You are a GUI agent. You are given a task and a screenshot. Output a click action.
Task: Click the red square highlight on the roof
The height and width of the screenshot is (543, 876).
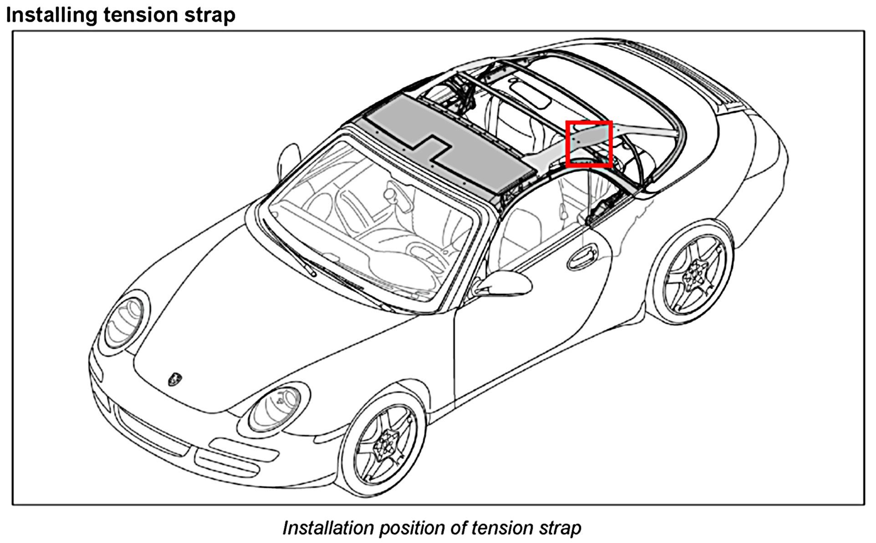[x=588, y=144]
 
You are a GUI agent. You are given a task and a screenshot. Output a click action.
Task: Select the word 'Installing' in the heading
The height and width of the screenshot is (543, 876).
[x=51, y=15]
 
